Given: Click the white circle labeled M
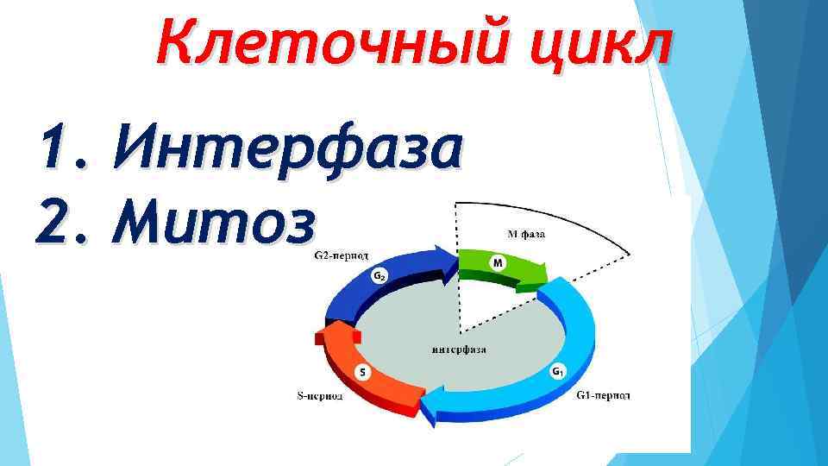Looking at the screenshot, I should [x=498, y=261].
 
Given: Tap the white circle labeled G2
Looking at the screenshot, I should [x=379, y=276].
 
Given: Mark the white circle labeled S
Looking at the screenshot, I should [x=362, y=372].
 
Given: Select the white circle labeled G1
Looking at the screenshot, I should [x=557, y=372].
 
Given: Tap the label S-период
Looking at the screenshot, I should [x=320, y=396].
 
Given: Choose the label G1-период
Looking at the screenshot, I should [x=603, y=395].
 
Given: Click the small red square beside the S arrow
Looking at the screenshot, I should [x=319, y=339].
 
